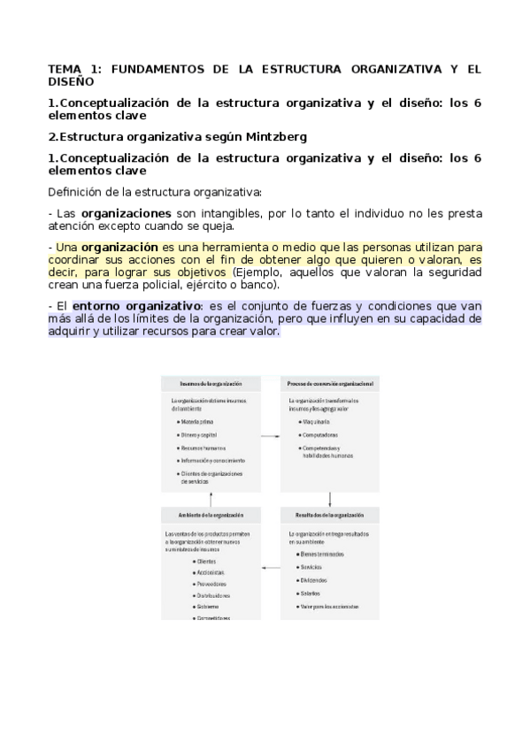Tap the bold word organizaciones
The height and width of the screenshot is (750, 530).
(126, 213)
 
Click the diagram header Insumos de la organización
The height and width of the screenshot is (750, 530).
(211, 385)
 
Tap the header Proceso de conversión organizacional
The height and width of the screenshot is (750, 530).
(330, 385)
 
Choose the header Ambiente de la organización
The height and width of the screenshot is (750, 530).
(211, 514)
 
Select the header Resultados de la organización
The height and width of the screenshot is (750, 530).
(330, 514)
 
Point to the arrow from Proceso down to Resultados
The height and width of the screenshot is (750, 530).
(329, 500)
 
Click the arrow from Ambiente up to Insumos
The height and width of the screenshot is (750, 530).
(211, 500)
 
